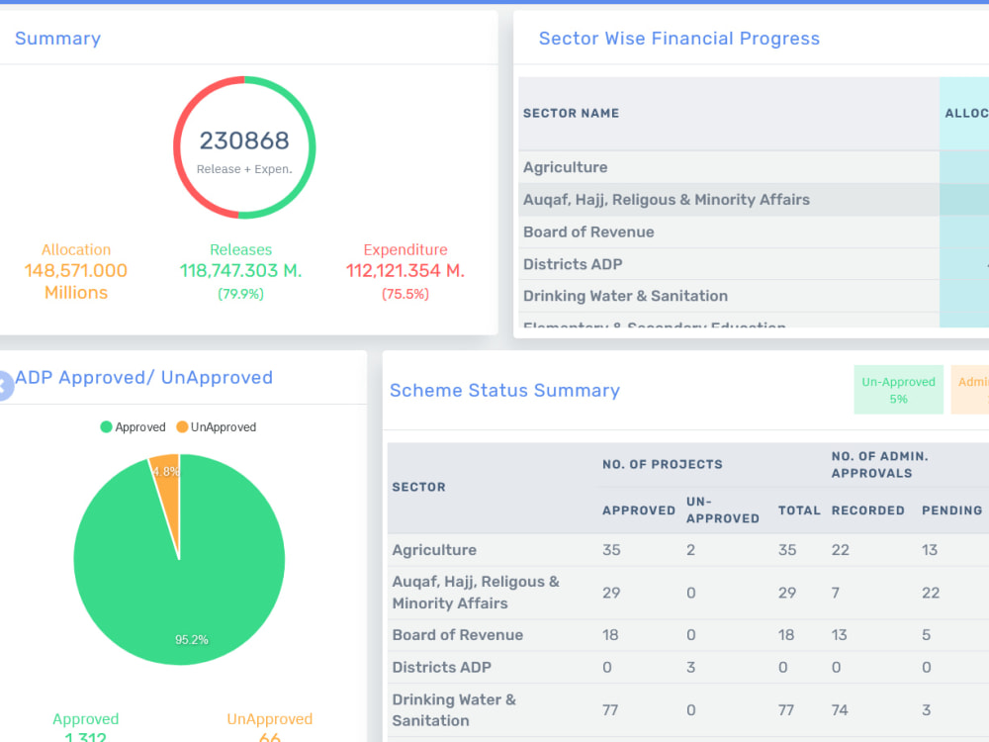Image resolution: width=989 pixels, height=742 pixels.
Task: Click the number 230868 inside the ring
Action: coord(244,141)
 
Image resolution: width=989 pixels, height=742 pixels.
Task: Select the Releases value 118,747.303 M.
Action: coord(240,271)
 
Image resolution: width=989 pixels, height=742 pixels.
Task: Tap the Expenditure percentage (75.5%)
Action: coord(405,294)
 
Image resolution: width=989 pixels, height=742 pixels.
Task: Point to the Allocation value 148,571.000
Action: coord(76,271)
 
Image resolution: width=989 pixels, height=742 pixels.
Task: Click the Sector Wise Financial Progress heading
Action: coord(678,39)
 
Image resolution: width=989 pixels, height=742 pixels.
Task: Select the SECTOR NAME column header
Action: coord(571,114)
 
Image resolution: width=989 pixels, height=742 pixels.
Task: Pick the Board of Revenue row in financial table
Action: coord(588,232)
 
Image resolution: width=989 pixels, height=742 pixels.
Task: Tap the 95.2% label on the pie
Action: coord(192,640)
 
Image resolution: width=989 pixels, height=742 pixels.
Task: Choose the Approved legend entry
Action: coord(133,427)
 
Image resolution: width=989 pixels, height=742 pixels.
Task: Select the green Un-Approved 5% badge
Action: coord(898,390)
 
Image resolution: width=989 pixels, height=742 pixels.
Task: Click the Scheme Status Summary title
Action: coord(504,391)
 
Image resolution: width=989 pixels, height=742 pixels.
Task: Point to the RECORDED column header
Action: coord(867,510)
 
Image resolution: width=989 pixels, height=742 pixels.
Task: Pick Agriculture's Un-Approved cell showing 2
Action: coord(691,550)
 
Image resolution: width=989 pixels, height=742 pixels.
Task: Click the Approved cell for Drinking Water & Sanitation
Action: coord(611,710)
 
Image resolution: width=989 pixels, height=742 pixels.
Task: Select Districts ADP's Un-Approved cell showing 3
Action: coord(691,668)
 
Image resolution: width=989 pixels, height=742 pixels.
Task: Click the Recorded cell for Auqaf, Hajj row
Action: coord(836,593)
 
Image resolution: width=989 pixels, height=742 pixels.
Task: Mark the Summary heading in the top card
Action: coord(57,39)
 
